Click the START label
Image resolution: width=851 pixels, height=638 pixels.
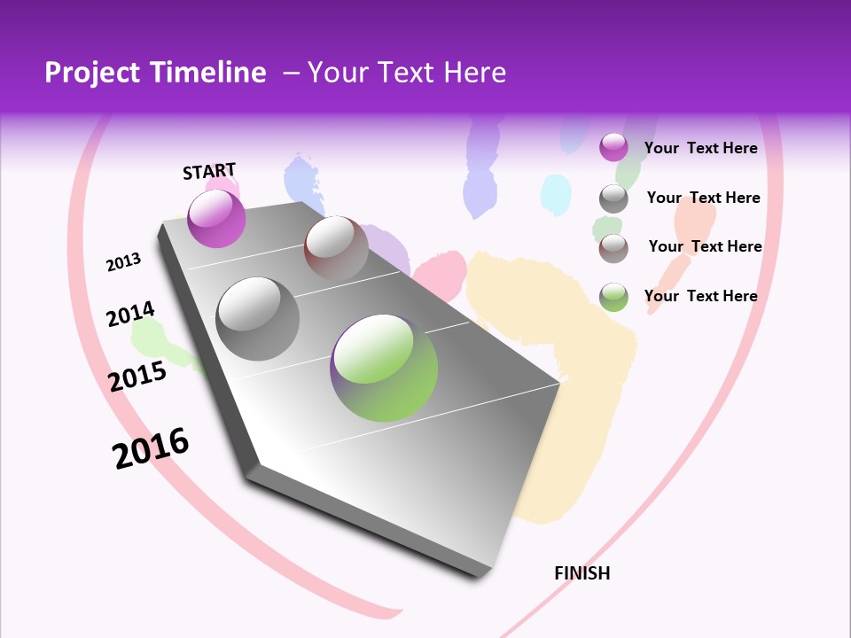pos(209,171)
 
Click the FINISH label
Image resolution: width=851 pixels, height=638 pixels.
pos(582,573)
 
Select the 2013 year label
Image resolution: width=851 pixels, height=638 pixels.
pos(123,262)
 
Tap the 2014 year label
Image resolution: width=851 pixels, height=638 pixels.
pos(130,315)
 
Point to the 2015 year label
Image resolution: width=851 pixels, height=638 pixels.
pos(137,377)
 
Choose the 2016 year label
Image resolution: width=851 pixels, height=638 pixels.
pos(151,448)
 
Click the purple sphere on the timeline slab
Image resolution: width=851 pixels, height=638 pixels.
pos(216,218)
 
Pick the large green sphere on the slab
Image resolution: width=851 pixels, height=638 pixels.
pos(384,368)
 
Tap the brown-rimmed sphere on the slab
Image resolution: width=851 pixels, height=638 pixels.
pos(336,247)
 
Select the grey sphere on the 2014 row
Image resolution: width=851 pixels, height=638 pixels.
pos(258,319)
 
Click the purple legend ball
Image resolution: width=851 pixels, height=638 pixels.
pos(613,147)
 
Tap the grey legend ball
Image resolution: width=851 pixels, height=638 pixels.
pos(613,198)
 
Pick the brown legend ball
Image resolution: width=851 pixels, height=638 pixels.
pos(613,248)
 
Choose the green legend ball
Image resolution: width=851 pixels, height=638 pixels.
pos(613,297)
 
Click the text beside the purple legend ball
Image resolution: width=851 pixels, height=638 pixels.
pos(700,148)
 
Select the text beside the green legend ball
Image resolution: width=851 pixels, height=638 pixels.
pos(700,296)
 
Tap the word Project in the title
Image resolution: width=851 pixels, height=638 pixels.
pos(90,73)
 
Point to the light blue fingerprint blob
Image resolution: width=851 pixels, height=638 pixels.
pos(556,195)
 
